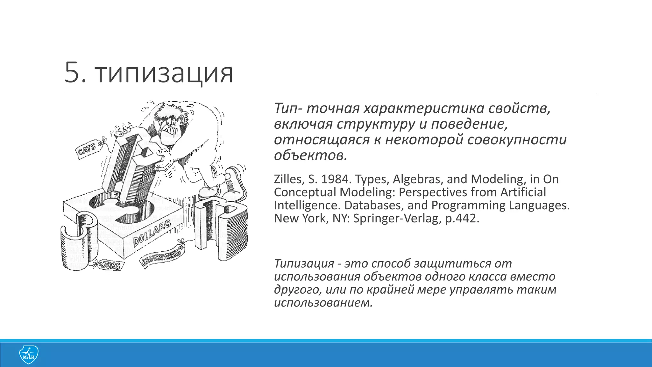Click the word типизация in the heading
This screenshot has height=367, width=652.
coord(164,74)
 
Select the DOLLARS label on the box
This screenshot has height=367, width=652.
coord(152,233)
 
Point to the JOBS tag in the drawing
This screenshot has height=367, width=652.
coord(110,265)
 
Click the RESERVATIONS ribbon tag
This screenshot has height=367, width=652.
coord(161,257)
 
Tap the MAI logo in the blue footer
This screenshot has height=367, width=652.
coord(28,355)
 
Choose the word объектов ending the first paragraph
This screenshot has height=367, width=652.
coord(310,155)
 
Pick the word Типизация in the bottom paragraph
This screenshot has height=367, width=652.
coord(304,264)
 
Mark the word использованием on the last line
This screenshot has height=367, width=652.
coord(323,303)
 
